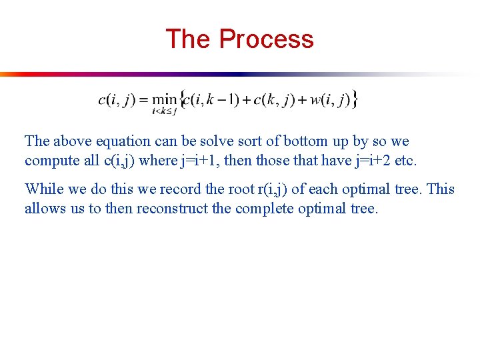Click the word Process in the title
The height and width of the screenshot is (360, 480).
[266, 39]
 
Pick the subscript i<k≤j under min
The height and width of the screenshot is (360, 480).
[165, 111]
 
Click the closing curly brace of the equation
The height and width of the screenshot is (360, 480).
[355, 100]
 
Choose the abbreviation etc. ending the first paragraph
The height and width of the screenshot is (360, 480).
[405, 161]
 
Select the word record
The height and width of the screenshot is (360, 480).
[179, 189]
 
